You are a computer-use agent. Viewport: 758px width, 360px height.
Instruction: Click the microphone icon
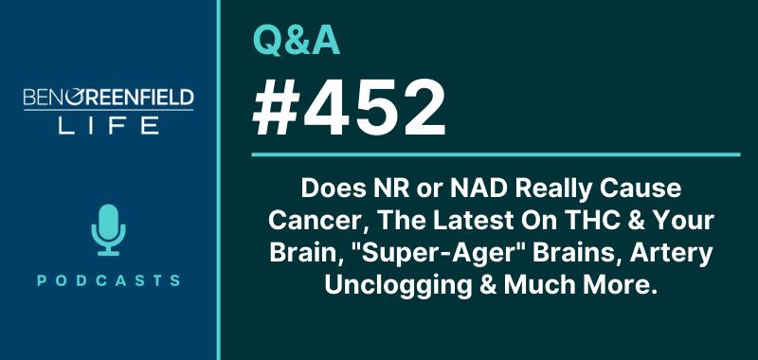[107, 228]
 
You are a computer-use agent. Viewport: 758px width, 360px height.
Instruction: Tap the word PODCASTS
[107, 280]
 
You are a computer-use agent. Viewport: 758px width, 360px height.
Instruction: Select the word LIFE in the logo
[107, 126]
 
